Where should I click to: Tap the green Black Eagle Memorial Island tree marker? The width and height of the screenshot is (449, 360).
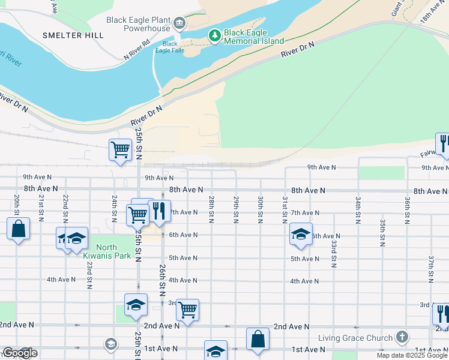pos(215,36)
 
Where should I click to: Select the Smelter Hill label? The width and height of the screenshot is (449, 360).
pos(73,35)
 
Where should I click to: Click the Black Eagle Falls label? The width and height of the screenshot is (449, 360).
pos(170,47)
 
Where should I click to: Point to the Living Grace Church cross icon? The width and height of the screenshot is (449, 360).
pos(402,337)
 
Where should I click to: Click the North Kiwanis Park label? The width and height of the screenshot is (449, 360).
pos(106,251)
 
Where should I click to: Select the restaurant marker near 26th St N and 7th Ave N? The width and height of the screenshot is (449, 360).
pos(159,211)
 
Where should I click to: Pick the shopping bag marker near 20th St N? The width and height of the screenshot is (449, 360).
pos(18,229)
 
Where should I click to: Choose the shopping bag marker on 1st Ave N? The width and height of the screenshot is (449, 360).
pos(258,339)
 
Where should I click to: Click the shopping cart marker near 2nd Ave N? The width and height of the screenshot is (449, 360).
pos(187,310)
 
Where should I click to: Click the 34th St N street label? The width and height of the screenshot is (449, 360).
pos(357,206)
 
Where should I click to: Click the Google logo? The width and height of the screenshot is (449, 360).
pos(20,353)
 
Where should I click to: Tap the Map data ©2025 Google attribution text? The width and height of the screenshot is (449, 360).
pos(412,355)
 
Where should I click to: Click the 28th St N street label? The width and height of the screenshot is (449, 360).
pos(211,207)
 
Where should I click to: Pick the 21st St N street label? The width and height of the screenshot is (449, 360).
pos(41,206)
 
